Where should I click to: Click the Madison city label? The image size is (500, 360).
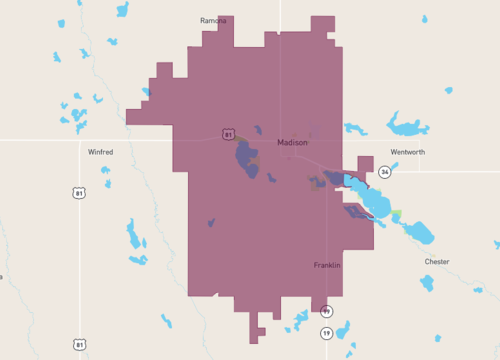point(292,143)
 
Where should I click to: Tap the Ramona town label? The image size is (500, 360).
point(213,20)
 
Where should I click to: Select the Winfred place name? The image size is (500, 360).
point(100,152)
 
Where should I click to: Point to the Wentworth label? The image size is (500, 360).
point(407,152)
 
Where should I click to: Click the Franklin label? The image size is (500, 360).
point(327,265)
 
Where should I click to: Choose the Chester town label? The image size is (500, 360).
point(437,262)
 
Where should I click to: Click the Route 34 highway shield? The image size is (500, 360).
point(384,172)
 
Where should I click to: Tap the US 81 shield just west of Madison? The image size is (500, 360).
point(229,134)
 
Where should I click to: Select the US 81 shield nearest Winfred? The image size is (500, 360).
point(79,192)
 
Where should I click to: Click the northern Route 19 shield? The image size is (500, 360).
point(326,311)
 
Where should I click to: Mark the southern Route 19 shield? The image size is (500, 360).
point(326,332)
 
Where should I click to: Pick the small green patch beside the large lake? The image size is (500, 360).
point(397,214)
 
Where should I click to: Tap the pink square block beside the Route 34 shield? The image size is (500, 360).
point(365,164)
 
